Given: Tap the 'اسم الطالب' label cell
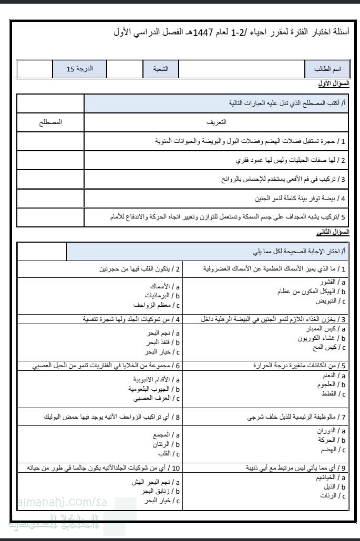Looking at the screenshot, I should coord(327,69).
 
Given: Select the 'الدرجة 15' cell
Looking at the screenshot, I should coord(80,69).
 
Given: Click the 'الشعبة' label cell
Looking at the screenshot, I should coord(161,69).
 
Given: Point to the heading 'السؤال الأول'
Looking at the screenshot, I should coord(334,84).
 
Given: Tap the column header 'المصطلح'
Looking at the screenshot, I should coord(50,121).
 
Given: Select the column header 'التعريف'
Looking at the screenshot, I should coord(217,121).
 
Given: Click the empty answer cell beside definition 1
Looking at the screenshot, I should coord(50,141).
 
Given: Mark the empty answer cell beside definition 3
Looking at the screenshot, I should coord(50,179).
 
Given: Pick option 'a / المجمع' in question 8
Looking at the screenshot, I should coord(166,435).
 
